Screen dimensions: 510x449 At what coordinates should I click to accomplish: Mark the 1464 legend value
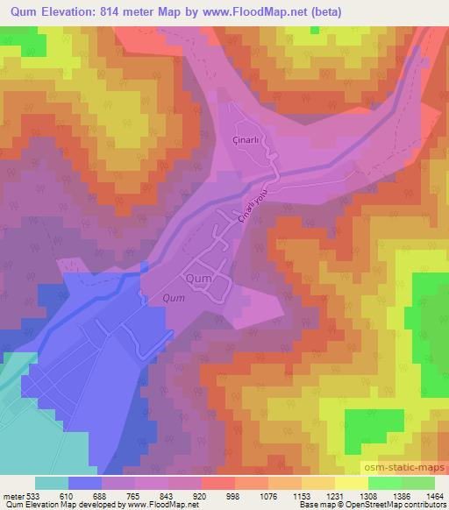coord(435,495)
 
